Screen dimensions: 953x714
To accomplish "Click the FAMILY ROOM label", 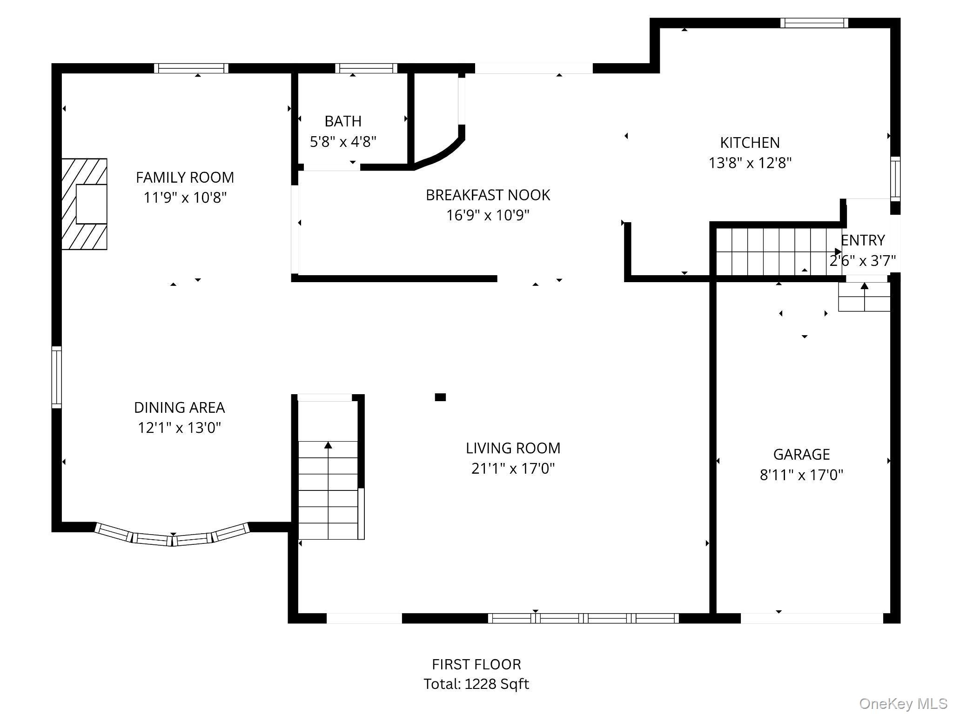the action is pyautogui.click(x=185, y=177).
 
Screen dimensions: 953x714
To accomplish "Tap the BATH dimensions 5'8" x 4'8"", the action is pyautogui.click(x=343, y=141).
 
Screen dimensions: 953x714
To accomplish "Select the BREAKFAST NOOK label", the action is pyautogui.click(x=488, y=195).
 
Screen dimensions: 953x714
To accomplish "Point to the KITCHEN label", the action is pyautogui.click(x=750, y=142).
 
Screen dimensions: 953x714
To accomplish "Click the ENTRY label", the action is pyautogui.click(x=863, y=240).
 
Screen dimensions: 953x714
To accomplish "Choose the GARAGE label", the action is pyautogui.click(x=801, y=454).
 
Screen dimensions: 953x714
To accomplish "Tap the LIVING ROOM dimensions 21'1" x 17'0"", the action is pyautogui.click(x=513, y=468).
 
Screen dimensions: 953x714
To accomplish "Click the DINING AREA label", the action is pyautogui.click(x=179, y=407).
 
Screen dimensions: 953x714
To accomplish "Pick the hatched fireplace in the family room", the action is pyautogui.click(x=84, y=204).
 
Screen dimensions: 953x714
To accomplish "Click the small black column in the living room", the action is pyautogui.click(x=440, y=397).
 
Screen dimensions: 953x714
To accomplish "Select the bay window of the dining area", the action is pyautogui.click(x=173, y=535).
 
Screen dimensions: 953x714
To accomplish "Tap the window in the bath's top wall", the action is pyautogui.click(x=366, y=68).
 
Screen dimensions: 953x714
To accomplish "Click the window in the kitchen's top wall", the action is pyautogui.click(x=814, y=23).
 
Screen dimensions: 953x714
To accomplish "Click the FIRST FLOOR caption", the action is pyautogui.click(x=476, y=664).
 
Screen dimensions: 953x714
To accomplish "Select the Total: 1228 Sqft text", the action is pyautogui.click(x=476, y=684).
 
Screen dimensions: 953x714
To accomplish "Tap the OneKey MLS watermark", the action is pyautogui.click(x=903, y=703).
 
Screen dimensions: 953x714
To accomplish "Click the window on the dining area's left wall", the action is pyautogui.click(x=56, y=377).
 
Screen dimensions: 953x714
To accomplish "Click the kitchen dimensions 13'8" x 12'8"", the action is pyautogui.click(x=750, y=163).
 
